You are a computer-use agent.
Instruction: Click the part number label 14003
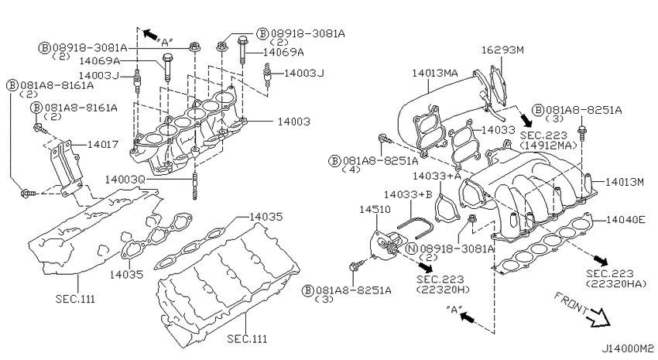point(293,122)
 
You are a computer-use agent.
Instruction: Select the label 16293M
point(502,50)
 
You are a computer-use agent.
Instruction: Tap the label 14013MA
point(435,73)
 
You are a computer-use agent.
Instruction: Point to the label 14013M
point(625,182)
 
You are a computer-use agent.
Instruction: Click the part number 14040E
point(625,219)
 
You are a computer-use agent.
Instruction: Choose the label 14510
point(375,209)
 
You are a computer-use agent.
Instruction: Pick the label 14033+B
point(408,194)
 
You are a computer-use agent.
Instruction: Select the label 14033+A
point(437,176)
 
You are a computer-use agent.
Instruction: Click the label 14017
point(103,144)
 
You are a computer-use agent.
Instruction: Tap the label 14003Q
point(125,180)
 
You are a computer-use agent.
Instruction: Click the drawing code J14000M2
point(628,348)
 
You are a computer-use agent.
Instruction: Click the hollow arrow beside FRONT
point(598,317)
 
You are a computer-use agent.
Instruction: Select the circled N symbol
point(412,249)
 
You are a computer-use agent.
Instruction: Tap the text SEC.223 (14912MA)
point(547,140)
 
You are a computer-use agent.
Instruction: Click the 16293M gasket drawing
point(498,84)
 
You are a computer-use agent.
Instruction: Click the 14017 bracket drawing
point(65,169)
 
